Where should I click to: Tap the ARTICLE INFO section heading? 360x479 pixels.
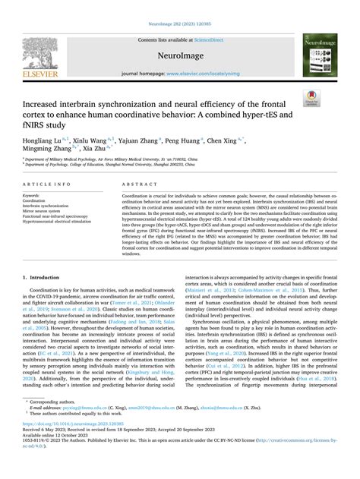[x=47, y=184]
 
